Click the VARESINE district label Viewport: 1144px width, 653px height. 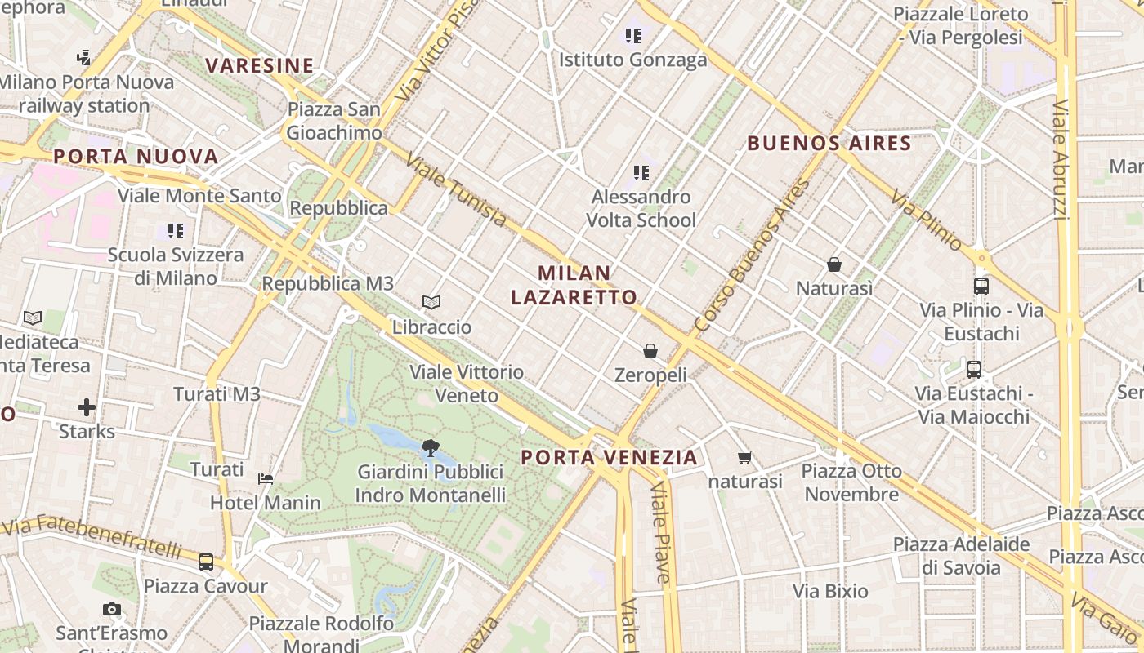click(259, 65)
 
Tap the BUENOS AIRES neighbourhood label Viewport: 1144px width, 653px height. click(829, 144)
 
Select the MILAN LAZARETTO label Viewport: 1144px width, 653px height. click(574, 285)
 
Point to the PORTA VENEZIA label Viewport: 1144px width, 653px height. click(610, 457)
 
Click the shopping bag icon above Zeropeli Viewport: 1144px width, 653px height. click(650, 351)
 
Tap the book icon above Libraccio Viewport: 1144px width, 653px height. click(431, 303)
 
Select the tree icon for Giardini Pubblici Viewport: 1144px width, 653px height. click(430, 447)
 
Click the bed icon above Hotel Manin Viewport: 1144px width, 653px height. click(266, 478)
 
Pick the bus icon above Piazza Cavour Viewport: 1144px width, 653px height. click(206, 562)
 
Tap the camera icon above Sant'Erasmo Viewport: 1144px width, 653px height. click(112, 609)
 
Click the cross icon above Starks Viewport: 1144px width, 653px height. click(87, 406)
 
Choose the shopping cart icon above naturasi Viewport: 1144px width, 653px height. click(744, 458)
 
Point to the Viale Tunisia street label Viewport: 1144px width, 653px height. click(456, 190)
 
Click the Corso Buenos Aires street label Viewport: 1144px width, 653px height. click(751, 255)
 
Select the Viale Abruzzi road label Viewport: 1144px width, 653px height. click(1061, 159)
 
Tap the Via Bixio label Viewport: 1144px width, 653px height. click(830, 591)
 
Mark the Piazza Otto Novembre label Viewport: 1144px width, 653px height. click(851, 482)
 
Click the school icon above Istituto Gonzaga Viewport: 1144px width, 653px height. click(633, 36)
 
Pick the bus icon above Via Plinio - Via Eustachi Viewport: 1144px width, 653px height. click(981, 287)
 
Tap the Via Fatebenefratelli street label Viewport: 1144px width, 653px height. click(92, 536)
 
